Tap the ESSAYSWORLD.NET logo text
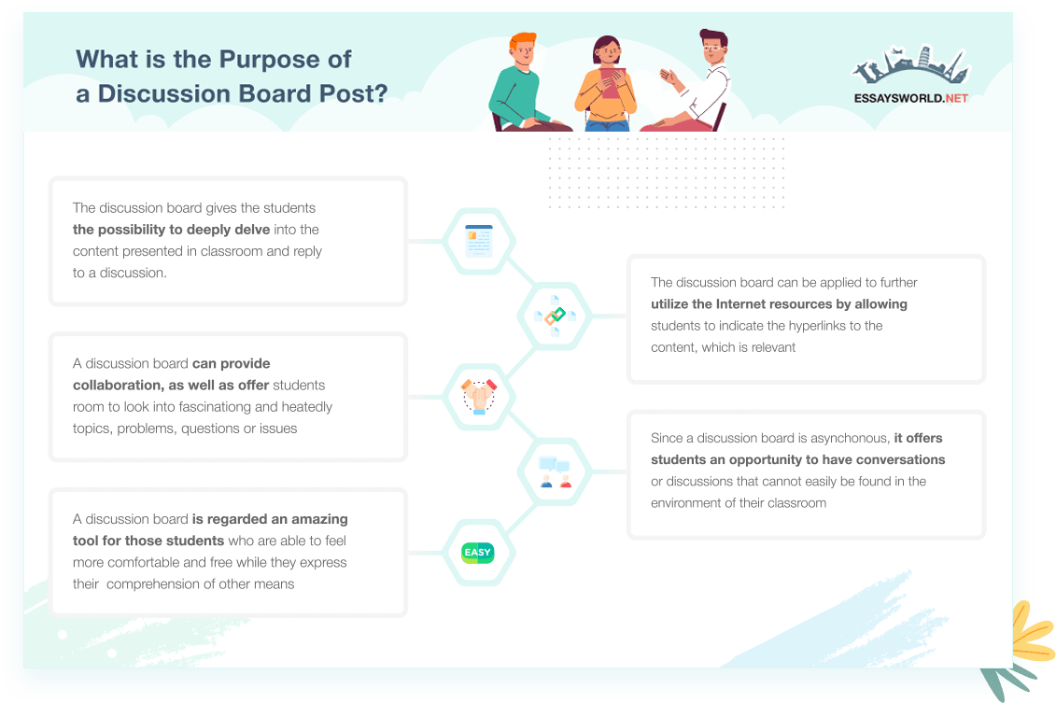tap(910, 98)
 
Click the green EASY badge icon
tap(478, 553)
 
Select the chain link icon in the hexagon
tap(555, 316)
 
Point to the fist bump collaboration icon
tap(479, 396)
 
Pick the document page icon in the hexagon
tap(479, 241)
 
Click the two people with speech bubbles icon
tap(555, 471)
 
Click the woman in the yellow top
tap(606, 83)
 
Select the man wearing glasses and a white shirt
tap(694, 81)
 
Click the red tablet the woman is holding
tap(612, 82)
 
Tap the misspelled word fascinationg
tap(205, 407)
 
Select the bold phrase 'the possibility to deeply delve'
tap(171, 230)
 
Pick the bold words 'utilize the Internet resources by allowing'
tap(779, 304)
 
